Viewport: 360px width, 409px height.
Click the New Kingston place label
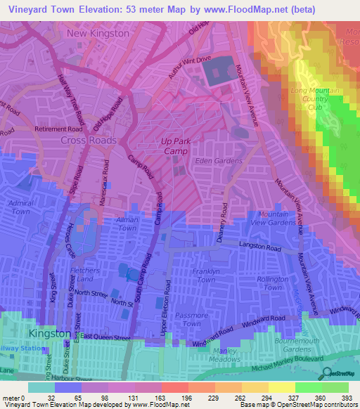pos(98,33)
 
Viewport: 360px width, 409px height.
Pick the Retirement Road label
pos(58,129)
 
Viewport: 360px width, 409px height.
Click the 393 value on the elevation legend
pos(347,398)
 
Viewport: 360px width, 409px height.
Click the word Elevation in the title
pos(100,9)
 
